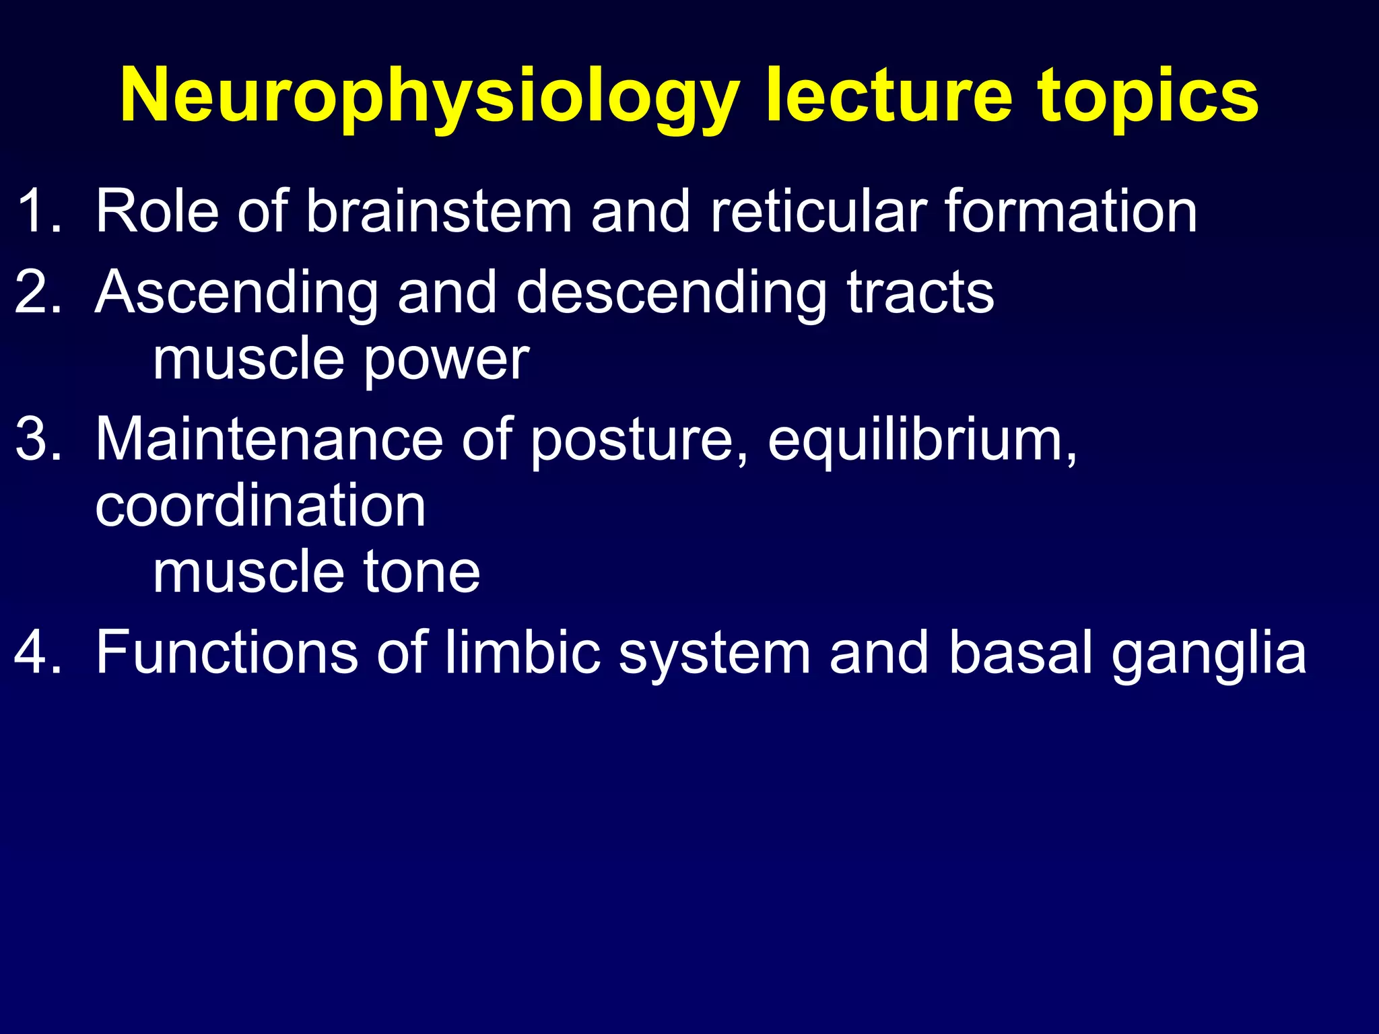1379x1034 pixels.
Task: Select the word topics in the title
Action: [1147, 98]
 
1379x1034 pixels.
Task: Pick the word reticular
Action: [819, 211]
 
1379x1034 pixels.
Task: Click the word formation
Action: [1071, 211]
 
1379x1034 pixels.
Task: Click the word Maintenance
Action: [269, 439]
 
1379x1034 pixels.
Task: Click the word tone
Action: [422, 572]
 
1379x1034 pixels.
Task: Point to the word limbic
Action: [523, 652]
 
